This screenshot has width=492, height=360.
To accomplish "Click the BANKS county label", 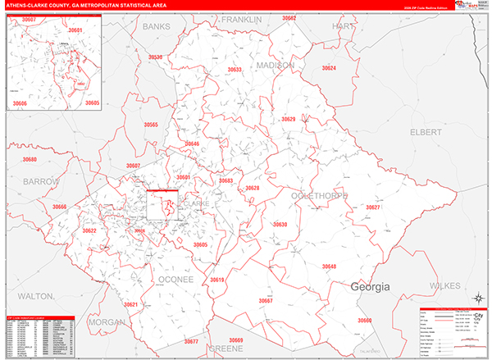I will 156,26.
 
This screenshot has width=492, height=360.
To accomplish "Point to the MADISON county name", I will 276,65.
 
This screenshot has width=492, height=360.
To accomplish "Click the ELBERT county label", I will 426,131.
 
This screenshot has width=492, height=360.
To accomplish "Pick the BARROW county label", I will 41,180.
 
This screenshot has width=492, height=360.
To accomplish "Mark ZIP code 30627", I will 373,207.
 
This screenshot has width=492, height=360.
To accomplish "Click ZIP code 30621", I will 131,304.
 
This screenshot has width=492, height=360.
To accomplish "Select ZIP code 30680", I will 30,159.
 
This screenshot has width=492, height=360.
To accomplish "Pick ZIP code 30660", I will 364,320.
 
